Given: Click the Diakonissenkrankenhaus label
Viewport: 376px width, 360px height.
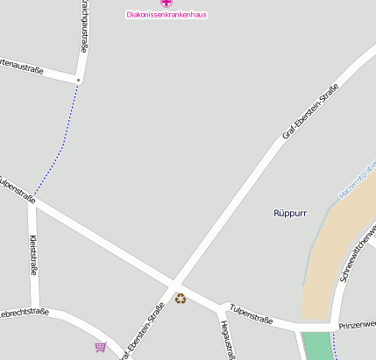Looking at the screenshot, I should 167,15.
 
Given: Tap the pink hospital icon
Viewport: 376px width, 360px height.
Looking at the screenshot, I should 167,4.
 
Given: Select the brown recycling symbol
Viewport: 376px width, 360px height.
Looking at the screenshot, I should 181,299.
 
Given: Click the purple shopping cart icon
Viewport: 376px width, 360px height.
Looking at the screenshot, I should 101,347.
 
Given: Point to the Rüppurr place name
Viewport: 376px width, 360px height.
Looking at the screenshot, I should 290,213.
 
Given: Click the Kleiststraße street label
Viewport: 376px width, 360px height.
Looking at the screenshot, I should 33,255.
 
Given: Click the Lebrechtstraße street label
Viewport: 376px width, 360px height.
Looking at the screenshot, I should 22,312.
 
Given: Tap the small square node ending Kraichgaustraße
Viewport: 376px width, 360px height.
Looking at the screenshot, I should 79,80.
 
